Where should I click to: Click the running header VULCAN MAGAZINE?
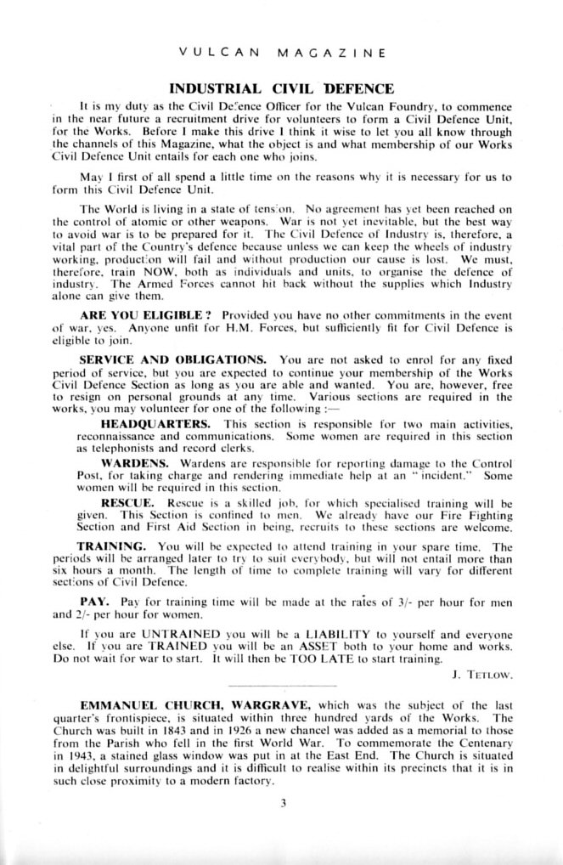(282, 53)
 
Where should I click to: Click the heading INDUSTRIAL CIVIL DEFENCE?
(282, 88)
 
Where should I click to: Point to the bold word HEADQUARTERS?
(155, 422)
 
